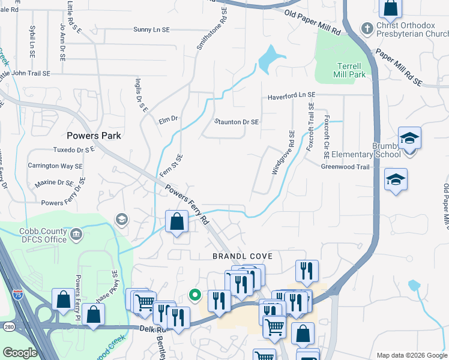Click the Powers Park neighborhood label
tap(94, 136)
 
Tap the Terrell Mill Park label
tap(349, 70)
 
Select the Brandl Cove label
tap(243, 256)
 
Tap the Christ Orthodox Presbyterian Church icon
tap(366, 28)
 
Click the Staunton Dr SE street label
tap(237, 121)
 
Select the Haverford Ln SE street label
tap(291, 95)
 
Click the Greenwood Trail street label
tap(345, 167)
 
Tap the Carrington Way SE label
tap(55, 166)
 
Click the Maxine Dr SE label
tap(54, 182)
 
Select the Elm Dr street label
tap(169, 119)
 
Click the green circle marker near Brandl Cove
tap(194, 295)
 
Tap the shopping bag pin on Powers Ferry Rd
tap(177, 221)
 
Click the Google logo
tap(20, 353)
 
